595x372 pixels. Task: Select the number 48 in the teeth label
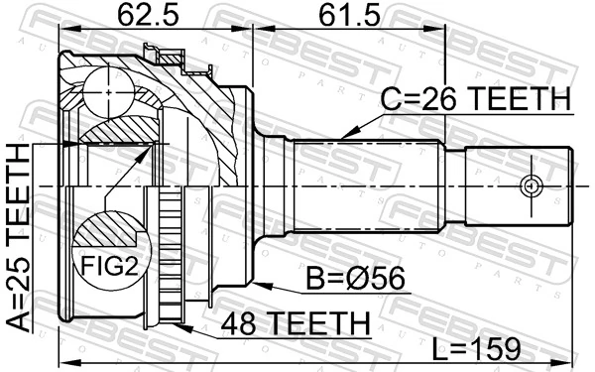point(239,324)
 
